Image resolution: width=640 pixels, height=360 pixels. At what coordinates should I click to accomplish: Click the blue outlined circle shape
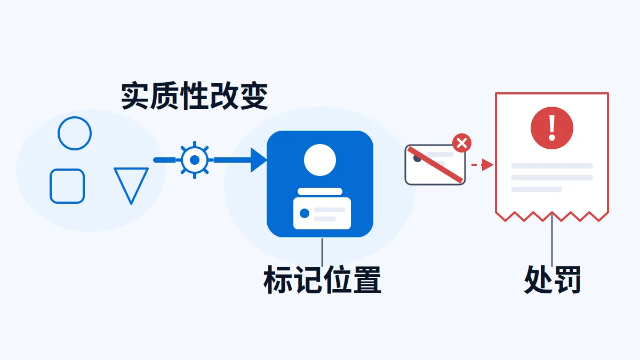coord(75,118)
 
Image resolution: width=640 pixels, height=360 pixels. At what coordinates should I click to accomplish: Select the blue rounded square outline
coord(50,186)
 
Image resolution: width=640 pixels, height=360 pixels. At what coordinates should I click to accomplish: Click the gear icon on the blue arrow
coord(195,160)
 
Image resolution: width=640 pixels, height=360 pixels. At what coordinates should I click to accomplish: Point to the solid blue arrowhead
coord(258,160)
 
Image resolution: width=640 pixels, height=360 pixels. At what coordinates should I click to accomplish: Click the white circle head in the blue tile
coord(319,160)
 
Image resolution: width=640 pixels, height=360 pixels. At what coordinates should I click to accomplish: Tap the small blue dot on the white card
coord(305,213)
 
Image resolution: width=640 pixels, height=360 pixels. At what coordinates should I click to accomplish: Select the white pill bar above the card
coord(320,191)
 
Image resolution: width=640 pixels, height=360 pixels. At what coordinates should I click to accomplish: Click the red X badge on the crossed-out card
coord(462,143)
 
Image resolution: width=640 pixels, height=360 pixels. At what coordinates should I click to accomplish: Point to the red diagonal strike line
coord(435,165)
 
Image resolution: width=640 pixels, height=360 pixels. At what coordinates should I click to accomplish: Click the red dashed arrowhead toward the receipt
coord(487,165)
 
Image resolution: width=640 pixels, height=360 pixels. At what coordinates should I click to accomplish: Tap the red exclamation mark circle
coord(551,128)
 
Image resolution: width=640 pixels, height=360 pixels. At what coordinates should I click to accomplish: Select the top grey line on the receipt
coord(551,166)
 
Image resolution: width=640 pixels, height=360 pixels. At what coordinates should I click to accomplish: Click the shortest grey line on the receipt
coord(537,189)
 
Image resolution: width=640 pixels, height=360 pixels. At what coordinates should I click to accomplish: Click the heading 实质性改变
coord(194,95)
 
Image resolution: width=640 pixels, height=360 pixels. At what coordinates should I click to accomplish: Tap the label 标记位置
coord(322,279)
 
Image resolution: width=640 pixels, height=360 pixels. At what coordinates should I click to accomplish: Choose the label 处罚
coord(552,279)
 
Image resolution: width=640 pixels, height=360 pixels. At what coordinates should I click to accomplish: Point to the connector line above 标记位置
coord(322,252)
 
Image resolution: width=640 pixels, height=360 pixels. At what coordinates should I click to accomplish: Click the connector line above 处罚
coord(551,241)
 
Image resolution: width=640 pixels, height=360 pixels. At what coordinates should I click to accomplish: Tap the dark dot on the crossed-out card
coord(418,158)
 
